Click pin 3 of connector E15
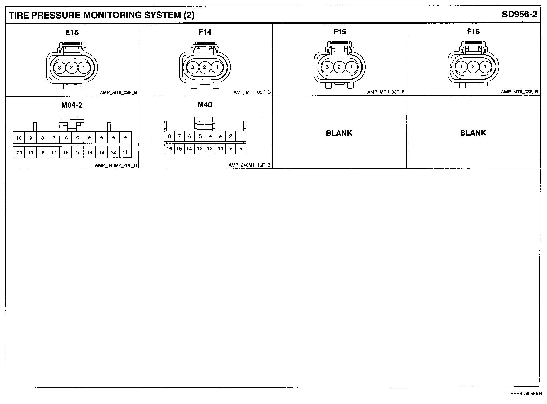[x=59, y=67]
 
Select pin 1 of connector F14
[x=217, y=67]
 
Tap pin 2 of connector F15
[x=339, y=67]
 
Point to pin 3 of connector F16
[x=461, y=67]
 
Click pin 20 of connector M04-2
[x=19, y=153]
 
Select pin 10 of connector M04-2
[x=19, y=138]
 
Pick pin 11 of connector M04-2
[x=125, y=152]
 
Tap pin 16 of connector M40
[x=169, y=149]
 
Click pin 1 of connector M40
[x=241, y=136]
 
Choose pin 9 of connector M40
[x=241, y=148]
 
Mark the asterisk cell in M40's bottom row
[x=230, y=149]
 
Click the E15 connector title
[x=72, y=33]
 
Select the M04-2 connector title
[x=72, y=105]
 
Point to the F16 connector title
[x=473, y=32]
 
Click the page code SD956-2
[x=519, y=15]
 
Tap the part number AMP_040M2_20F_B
[x=116, y=165]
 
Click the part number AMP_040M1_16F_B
[x=250, y=165]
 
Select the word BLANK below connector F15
[x=339, y=133]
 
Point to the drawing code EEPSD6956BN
[x=526, y=394]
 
